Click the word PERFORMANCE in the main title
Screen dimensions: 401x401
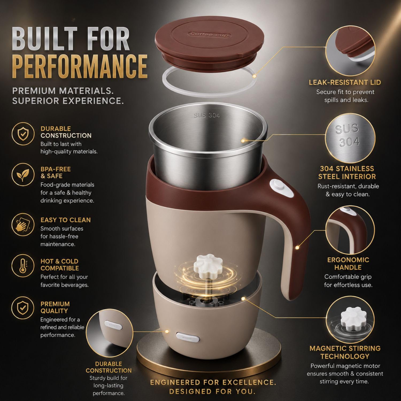point(80,66)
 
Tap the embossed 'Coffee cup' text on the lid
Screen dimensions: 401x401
point(209,34)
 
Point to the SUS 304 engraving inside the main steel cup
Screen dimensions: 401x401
point(207,115)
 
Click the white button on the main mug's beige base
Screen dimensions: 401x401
point(188,337)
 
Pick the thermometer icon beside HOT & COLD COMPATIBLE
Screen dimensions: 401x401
point(23,266)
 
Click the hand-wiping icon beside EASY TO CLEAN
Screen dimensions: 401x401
point(23,225)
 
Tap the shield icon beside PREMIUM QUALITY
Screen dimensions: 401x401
point(23,308)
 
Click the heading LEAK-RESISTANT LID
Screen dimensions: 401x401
point(345,82)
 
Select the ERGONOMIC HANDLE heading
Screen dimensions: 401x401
point(348,264)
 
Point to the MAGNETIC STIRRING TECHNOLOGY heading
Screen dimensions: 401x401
point(345,352)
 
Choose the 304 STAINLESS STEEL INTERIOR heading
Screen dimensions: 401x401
point(347,173)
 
